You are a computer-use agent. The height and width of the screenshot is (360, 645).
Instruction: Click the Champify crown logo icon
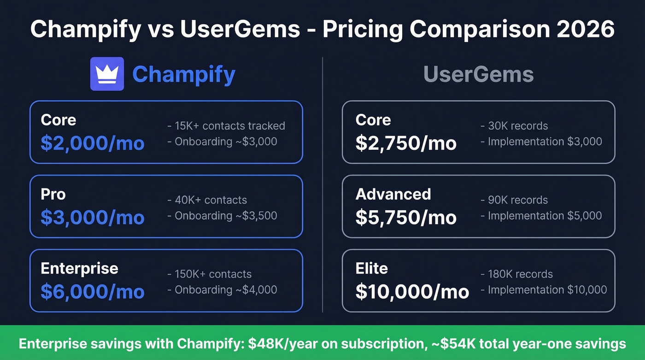(x=107, y=74)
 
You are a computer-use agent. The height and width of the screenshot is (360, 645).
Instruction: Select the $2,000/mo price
(x=92, y=143)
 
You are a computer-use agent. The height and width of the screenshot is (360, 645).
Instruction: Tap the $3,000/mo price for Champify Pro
(x=92, y=218)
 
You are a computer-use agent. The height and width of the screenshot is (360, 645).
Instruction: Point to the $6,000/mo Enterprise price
(x=92, y=292)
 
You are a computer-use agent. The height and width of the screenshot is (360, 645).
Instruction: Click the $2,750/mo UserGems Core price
(x=406, y=143)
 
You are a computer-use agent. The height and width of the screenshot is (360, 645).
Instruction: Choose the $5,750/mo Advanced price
(x=406, y=218)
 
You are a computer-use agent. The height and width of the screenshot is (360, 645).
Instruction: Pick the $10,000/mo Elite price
(x=412, y=292)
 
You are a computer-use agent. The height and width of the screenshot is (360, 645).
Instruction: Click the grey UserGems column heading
(x=478, y=75)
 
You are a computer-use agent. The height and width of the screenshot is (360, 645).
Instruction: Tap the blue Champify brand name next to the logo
(x=184, y=75)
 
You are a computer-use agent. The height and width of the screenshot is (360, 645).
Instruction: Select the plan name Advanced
(x=393, y=194)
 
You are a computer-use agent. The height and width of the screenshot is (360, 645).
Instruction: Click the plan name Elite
(x=371, y=268)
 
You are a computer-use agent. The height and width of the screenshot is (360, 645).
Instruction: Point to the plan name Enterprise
(x=79, y=268)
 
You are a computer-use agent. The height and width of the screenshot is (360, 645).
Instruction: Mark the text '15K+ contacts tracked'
(x=229, y=126)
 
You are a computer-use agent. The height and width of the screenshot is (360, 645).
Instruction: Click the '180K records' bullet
(x=520, y=274)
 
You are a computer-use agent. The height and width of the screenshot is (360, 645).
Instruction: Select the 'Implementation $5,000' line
(x=545, y=215)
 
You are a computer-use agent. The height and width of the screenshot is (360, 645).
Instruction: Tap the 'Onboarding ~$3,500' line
(x=226, y=215)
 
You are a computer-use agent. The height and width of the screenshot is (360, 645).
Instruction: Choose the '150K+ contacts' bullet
(x=213, y=274)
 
